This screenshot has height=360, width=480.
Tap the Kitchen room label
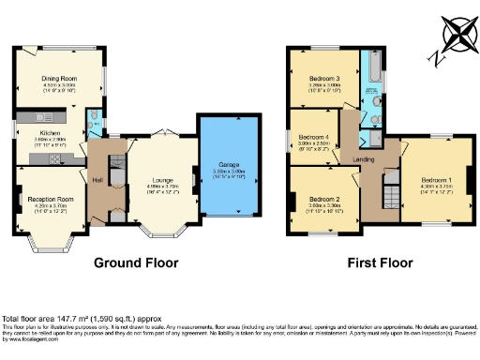pyautogui.click(x=50, y=134)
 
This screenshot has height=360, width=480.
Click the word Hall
pyautogui.click(x=97, y=179)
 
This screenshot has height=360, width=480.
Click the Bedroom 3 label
pyautogui.click(x=323, y=78)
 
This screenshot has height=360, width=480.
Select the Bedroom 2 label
pyautogui.click(x=323, y=199)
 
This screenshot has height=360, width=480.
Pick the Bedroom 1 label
pyautogui.click(x=435, y=179)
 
